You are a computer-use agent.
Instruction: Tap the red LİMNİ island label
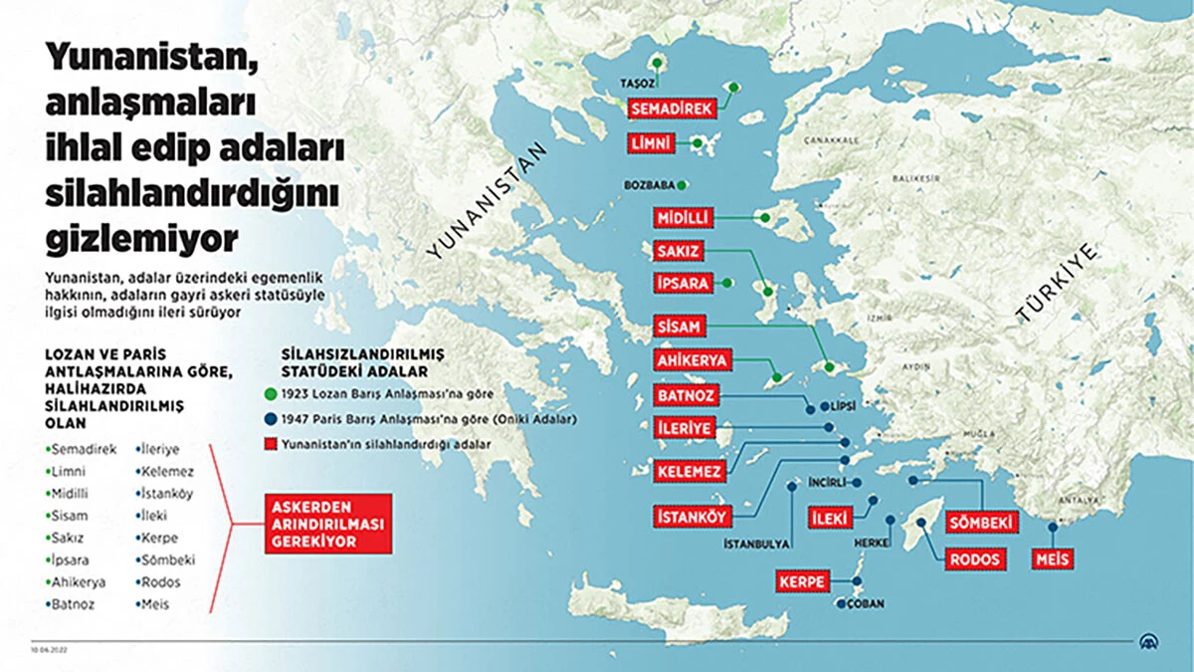click(652, 144)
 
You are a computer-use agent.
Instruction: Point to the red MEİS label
click(1054, 560)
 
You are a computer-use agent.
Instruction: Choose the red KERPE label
click(803, 581)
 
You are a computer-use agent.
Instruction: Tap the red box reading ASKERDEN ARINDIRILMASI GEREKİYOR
click(327, 523)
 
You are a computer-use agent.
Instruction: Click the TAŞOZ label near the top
click(637, 83)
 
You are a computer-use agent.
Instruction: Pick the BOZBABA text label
click(649, 185)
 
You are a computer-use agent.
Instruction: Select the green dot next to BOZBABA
click(684, 185)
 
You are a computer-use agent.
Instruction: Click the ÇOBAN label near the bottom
click(865, 604)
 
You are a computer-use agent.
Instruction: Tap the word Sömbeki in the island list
click(168, 560)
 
